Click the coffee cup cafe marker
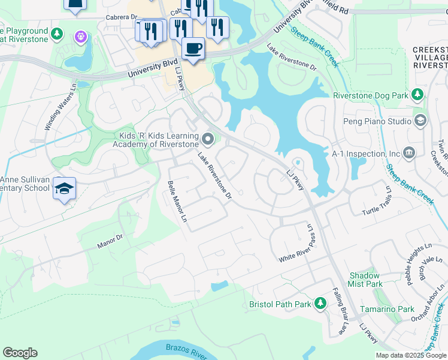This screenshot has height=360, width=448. [193, 48]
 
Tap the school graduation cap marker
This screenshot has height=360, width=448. [64, 188]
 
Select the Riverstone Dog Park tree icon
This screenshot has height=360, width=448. [417, 95]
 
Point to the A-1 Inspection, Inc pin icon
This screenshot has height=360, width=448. [410, 153]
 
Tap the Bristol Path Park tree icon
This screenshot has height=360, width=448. [320, 304]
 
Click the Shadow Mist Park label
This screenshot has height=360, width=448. [365, 279]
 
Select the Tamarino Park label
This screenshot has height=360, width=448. [387, 309]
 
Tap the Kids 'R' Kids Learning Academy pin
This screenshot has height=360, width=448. [208, 139]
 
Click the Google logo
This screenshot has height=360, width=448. [20, 353]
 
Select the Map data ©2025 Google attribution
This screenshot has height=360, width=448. [411, 355]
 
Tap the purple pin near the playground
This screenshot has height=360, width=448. [80, 37]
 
